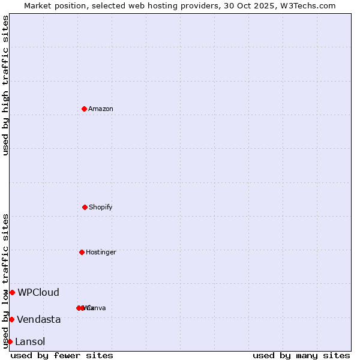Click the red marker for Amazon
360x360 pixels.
tap(84, 109)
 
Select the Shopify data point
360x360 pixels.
tap(85, 207)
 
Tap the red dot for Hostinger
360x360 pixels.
tap(82, 252)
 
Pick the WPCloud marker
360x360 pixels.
tap(12, 292)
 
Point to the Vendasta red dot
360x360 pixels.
tap(11, 319)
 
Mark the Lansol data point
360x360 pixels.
tap(10, 341)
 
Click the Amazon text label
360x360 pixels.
tap(101, 109)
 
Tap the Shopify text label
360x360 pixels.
tap(101, 207)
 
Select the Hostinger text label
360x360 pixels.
tap(101, 252)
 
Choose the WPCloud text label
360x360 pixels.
tap(38, 292)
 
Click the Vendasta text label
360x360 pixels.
tap(38, 319)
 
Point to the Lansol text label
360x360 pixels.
tap(30, 341)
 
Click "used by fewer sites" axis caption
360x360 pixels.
tap(62, 355)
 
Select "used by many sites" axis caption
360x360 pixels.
tap(301, 355)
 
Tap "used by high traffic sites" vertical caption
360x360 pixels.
tap(5, 85)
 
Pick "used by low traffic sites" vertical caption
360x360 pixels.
tap(5, 281)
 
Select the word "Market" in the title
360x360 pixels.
tap(38, 5)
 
